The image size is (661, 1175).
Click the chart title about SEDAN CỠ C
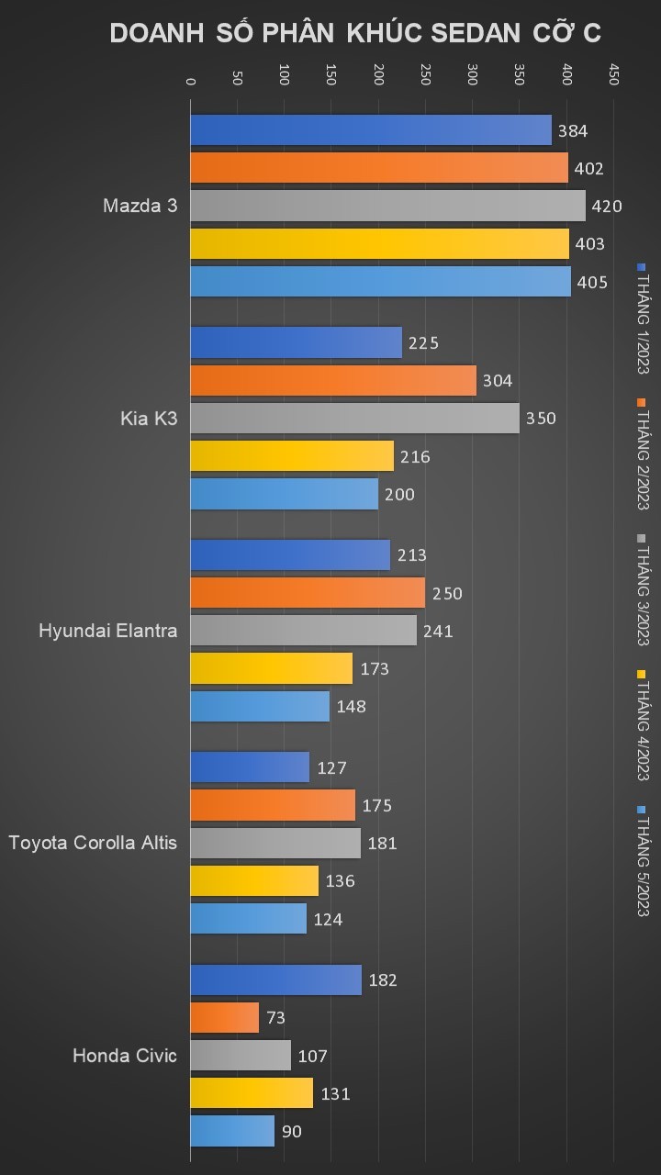pyautogui.click(x=355, y=33)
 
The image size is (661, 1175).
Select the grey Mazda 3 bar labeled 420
pyautogui.click(x=387, y=206)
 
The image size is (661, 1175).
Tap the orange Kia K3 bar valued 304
pyautogui.click(x=333, y=380)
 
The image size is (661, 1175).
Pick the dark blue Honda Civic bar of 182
pyautogui.click(x=275, y=979)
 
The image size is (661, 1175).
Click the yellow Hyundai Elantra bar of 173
pyautogui.click(x=271, y=668)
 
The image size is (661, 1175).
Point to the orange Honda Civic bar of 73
pyautogui.click(x=225, y=1017)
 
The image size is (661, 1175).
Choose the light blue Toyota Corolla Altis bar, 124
pyautogui.click(x=248, y=919)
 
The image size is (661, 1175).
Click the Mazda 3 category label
pyautogui.click(x=140, y=206)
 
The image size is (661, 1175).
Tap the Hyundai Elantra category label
pyautogui.click(x=107, y=631)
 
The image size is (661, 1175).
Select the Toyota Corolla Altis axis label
pyautogui.click(x=93, y=843)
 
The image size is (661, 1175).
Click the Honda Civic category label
pyautogui.click(x=124, y=1056)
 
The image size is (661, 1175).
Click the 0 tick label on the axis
pyautogui.click(x=191, y=81)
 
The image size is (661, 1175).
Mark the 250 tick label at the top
pyautogui.click(x=425, y=75)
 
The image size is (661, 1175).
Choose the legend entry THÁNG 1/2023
pyautogui.click(x=643, y=317)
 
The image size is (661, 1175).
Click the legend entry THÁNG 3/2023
pyautogui.click(x=643, y=589)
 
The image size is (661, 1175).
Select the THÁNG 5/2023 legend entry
pyautogui.click(x=643, y=860)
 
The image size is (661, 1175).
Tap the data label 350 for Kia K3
pyautogui.click(x=541, y=419)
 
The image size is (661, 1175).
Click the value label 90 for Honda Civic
pyautogui.click(x=291, y=1132)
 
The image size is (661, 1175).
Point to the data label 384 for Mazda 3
pyautogui.click(x=573, y=130)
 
